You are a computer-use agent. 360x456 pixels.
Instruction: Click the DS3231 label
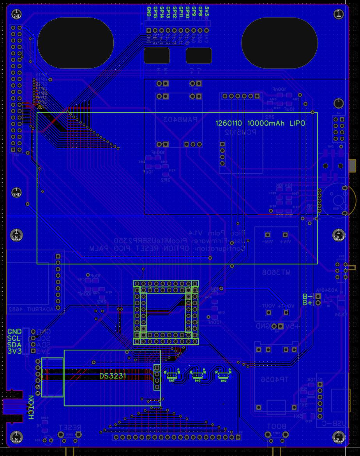[x=112, y=376]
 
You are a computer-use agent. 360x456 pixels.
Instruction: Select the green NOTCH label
[x=31, y=407]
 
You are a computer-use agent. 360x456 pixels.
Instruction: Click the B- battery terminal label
[x=307, y=296]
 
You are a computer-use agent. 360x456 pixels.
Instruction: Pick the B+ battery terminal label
[x=307, y=303]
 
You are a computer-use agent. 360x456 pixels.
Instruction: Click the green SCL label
[x=14, y=338]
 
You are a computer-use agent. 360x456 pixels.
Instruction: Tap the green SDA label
[x=14, y=345]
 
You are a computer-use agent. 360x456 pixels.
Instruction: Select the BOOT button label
[x=276, y=426]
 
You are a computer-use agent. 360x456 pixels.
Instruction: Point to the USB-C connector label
[x=341, y=423]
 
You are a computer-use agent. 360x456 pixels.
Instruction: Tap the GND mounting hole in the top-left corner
[x=16, y=15]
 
